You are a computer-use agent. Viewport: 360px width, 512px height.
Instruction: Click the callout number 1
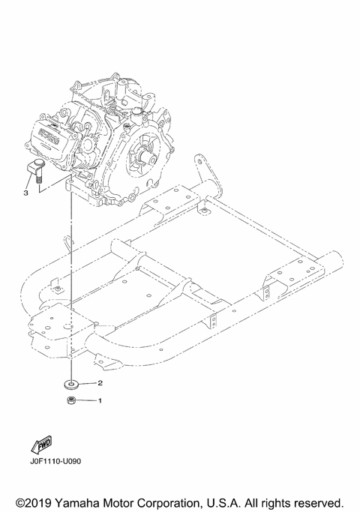tap(100, 401)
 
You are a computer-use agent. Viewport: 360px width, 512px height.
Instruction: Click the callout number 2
tap(100, 382)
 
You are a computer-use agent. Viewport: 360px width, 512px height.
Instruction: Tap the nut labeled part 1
tap(71, 401)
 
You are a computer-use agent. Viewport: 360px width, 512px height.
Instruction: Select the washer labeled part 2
tap(71, 383)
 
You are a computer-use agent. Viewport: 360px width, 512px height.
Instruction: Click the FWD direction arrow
tap(41, 447)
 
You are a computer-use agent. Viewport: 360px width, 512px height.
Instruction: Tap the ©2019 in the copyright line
tap(28, 501)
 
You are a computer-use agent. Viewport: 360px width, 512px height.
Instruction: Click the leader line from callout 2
tap(88, 382)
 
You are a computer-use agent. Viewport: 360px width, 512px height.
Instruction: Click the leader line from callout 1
tap(87, 401)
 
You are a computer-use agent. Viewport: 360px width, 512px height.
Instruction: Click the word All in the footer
tap(248, 501)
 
